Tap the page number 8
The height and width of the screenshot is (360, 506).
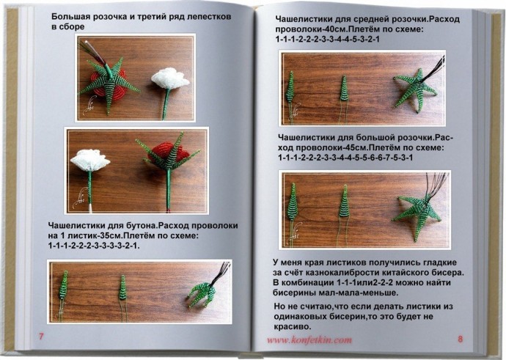point(461,339)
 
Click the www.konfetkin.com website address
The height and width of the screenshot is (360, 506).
point(309,340)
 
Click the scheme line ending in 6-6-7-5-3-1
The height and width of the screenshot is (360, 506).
point(345,158)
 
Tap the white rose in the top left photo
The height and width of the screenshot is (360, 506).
point(169,78)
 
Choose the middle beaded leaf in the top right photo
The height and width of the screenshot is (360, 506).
point(343,92)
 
